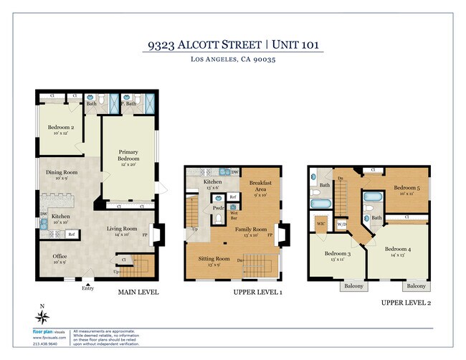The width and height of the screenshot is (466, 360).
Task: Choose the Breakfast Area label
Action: point(260,186)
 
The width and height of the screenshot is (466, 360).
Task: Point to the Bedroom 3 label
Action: point(337,253)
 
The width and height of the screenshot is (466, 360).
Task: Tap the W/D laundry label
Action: point(342,224)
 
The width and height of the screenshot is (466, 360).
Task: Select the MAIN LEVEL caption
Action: point(138,293)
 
